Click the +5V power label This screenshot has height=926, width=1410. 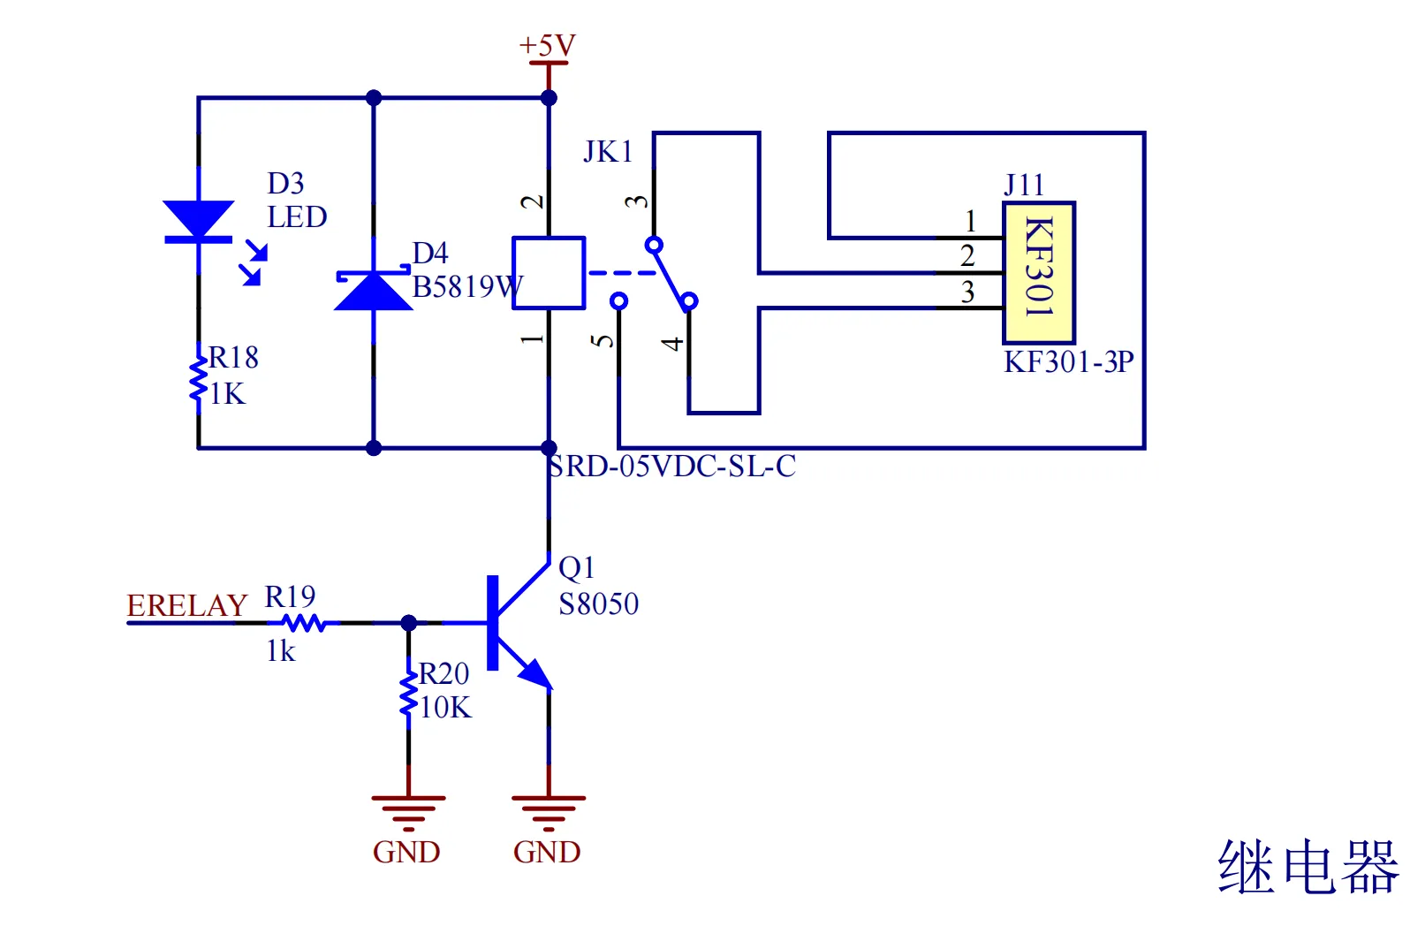click(547, 45)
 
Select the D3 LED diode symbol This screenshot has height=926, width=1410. click(199, 222)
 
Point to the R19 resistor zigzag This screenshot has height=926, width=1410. click(304, 623)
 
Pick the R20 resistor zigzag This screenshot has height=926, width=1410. click(408, 694)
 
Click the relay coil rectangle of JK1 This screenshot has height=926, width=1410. click(549, 273)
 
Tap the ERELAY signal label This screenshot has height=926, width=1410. click(186, 606)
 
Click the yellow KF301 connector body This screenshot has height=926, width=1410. click(1039, 273)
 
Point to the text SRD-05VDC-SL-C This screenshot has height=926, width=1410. click(671, 467)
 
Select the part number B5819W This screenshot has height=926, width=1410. click(467, 287)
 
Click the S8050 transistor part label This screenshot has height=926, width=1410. click(598, 604)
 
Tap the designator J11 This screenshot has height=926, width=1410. click(1024, 185)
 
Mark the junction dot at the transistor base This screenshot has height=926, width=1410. click(408, 623)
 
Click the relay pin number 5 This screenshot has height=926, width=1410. click(603, 341)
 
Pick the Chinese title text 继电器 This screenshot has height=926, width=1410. click(1308, 867)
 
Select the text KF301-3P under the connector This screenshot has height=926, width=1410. click(1068, 362)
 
